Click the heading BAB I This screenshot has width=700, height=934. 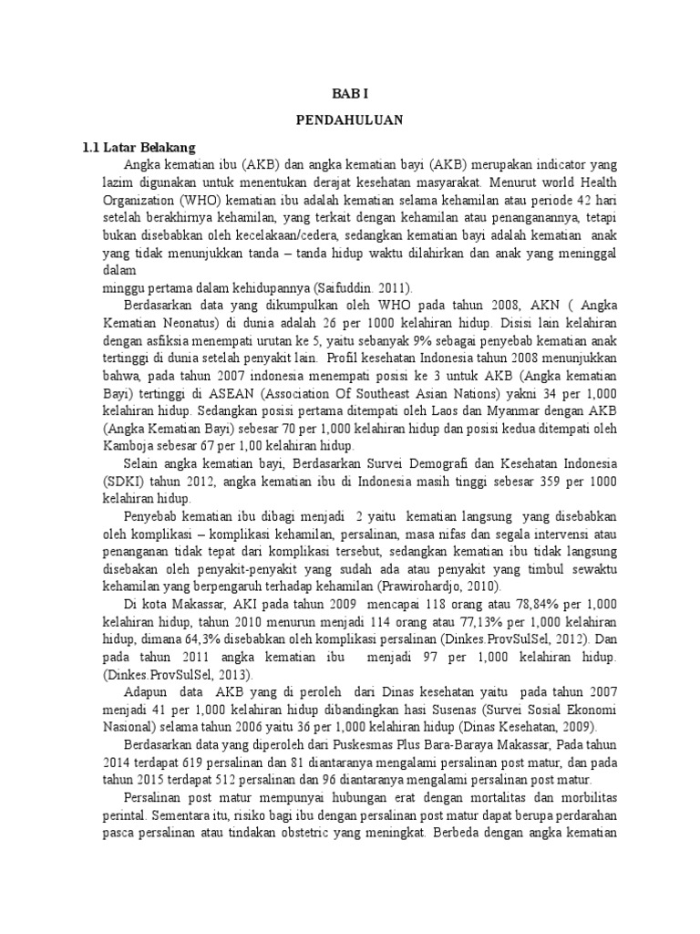coord(350,93)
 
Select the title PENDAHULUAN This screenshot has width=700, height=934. coord(350,119)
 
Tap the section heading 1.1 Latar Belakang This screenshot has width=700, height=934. coord(136,147)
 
